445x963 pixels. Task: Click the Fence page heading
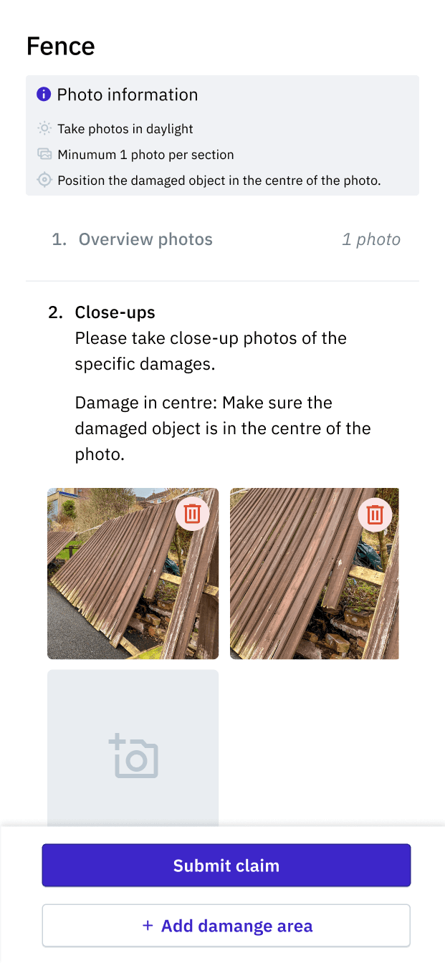61,47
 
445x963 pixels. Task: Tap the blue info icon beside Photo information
44,94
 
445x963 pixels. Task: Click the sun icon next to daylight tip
44,128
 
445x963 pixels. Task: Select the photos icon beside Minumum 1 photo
44,154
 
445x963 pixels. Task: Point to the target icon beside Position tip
44,180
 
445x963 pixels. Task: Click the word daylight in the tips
169,129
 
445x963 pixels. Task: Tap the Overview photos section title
145,239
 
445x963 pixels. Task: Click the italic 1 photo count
371,239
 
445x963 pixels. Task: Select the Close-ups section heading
115,312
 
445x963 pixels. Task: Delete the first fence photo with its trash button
192,514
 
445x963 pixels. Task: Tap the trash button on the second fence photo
375,514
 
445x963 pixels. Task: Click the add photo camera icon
134,755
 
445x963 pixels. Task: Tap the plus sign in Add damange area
148,925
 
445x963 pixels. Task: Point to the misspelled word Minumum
87,154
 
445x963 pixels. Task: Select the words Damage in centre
145,403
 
